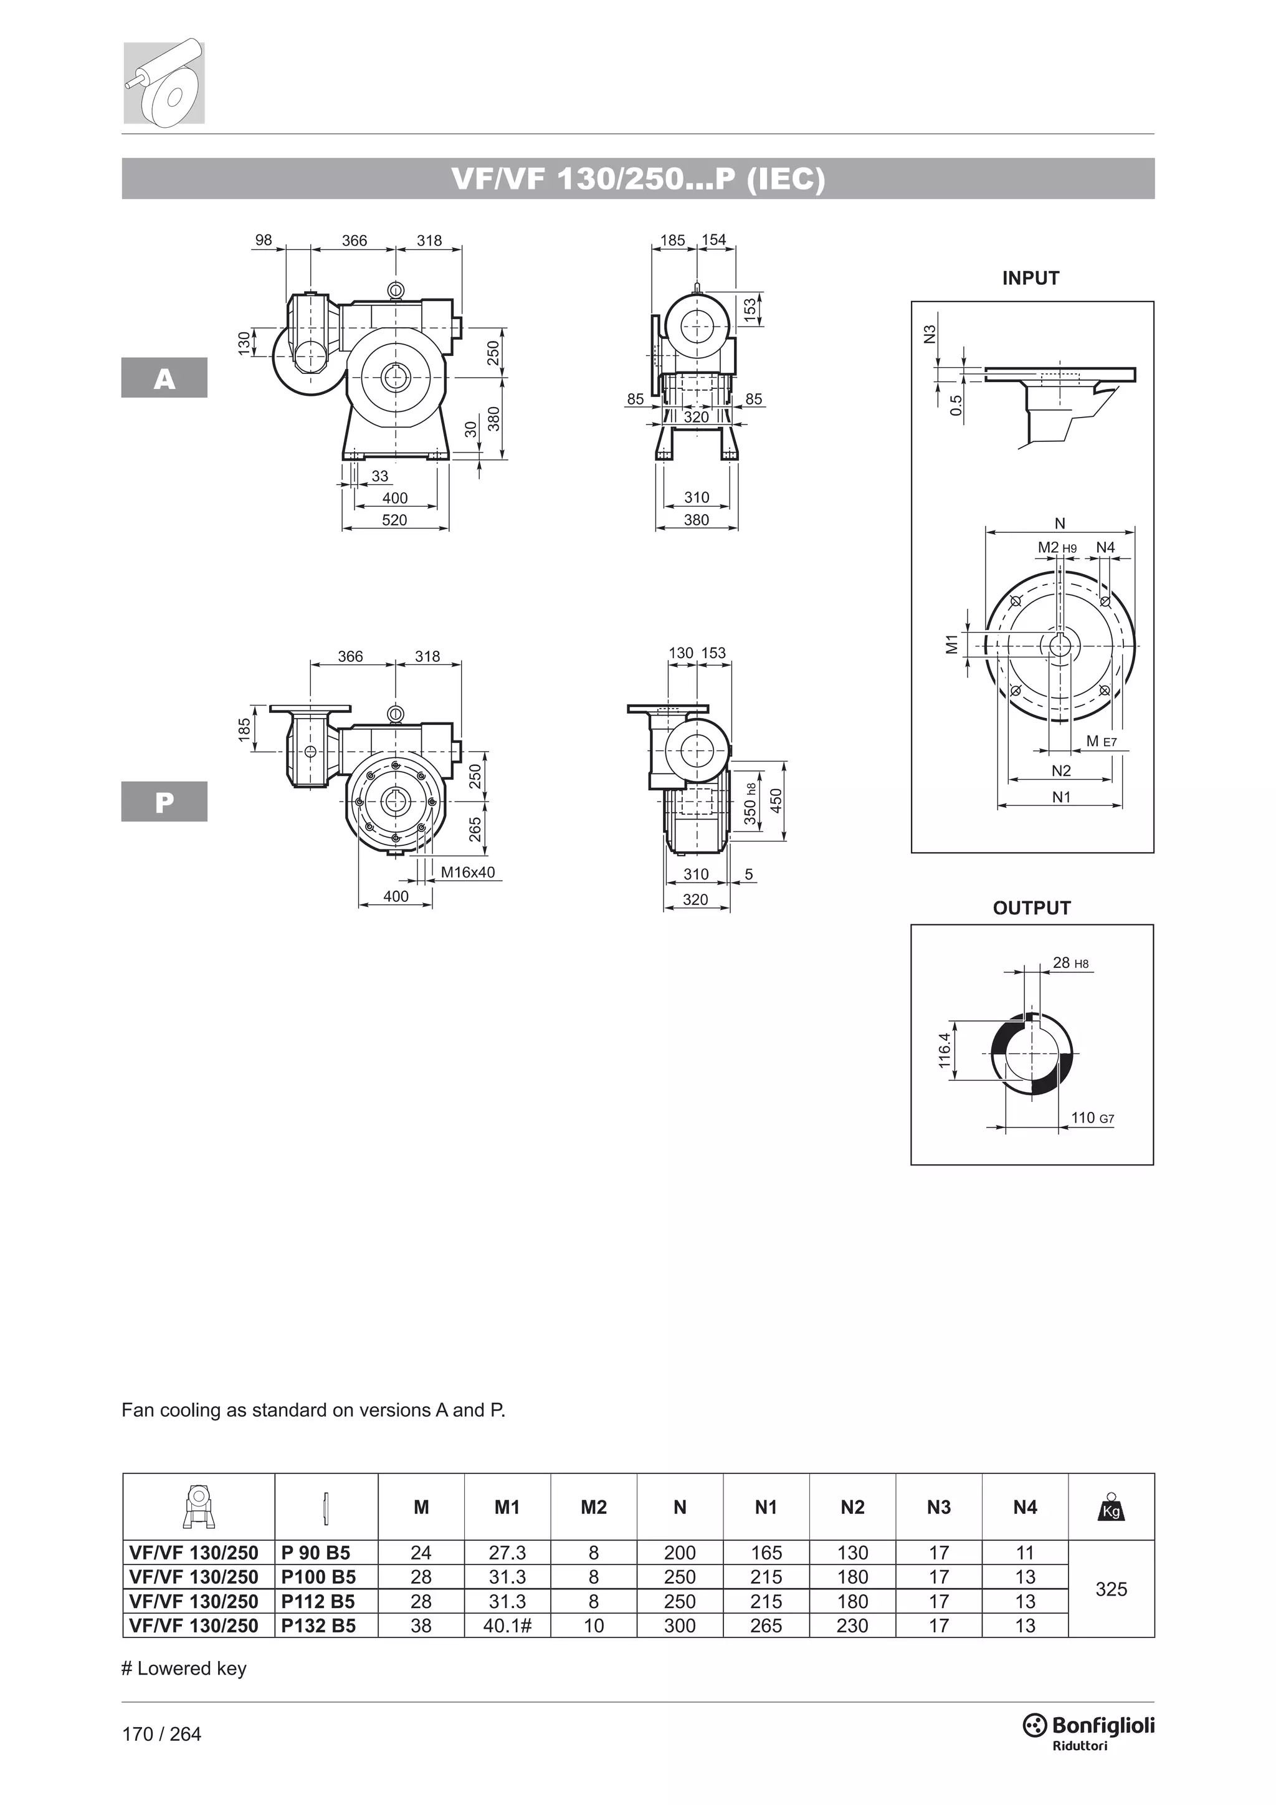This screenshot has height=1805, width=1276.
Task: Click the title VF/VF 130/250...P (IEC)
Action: click(638, 180)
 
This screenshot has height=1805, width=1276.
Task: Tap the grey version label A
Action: click(164, 378)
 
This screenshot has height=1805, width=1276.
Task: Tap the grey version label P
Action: click(164, 802)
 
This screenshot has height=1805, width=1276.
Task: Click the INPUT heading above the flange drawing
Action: click(1030, 277)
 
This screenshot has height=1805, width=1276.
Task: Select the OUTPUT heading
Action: click(1031, 908)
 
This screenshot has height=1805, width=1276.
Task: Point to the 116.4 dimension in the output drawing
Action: click(945, 1050)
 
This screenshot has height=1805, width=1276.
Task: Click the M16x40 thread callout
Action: click(467, 872)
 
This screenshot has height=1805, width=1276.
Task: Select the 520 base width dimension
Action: click(394, 520)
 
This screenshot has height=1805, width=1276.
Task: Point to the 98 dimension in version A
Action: click(264, 240)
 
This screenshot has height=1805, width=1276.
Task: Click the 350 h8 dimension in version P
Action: click(750, 803)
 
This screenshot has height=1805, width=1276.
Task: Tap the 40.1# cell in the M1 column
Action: click(507, 1625)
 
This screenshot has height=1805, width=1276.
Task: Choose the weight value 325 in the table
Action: click(1111, 1589)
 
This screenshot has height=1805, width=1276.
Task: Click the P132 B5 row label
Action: click(318, 1625)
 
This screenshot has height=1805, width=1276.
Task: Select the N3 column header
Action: click(938, 1507)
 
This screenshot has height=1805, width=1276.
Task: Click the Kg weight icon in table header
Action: click(1111, 1507)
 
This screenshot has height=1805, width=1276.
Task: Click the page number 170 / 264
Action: click(162, 1733)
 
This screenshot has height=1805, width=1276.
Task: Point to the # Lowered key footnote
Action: click(184, 1669)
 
